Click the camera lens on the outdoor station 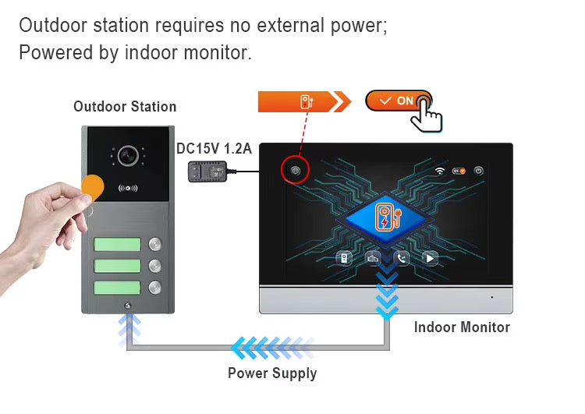[128, 155]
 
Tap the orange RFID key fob [93, 188]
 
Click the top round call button [155, 244]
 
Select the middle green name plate [117, 266]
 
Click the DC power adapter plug [207, 172]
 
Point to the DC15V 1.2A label [214, 148]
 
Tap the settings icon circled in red [295, 171]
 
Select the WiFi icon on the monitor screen [440, 171]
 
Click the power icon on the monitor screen [479, 171]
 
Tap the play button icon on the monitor [430, 258]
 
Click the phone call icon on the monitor [402, 258]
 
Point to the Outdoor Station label [125, 107]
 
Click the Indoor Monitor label [462, 327]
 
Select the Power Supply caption [272, 373]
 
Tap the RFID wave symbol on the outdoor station [128, 188]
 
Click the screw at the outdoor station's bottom [128, 306]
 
